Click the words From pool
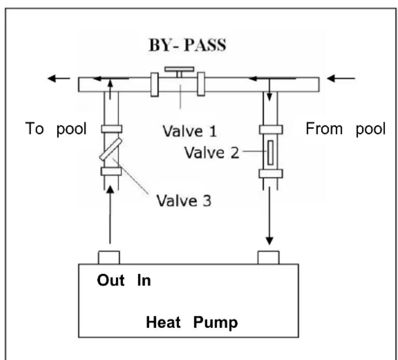pos(345,129)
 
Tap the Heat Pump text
pos(191,323)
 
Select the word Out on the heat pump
pos(111,281)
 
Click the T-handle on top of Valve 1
pos(179,69)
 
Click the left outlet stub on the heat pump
pos(109,257)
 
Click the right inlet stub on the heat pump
pos(268,257)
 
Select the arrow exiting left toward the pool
pos(58,79)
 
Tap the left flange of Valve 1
pos(154,84)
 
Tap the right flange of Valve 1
pos(201,84)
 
